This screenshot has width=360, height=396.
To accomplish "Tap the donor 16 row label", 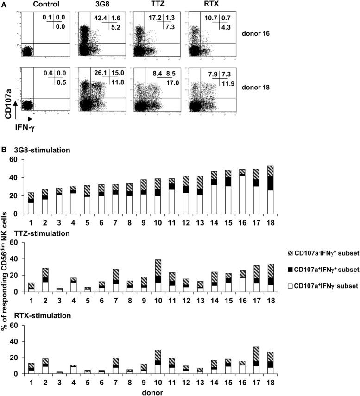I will click(266, 33).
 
